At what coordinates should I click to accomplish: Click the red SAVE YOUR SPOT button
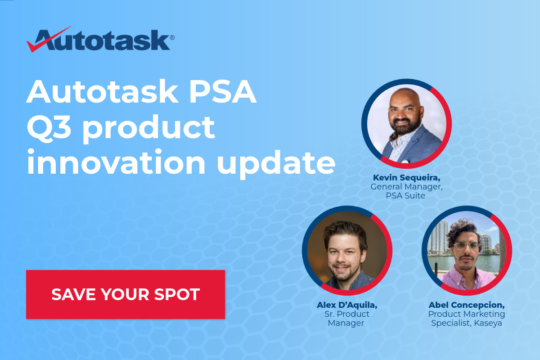(125, 294)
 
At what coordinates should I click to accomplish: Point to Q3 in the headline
(49, 128)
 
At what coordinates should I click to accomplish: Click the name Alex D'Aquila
(347, 305)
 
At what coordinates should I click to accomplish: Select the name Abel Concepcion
(467, 305)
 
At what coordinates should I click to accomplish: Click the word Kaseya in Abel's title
(488, 323)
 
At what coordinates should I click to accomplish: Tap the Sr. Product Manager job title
(347, 318)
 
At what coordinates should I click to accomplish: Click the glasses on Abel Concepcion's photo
(466, 246)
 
